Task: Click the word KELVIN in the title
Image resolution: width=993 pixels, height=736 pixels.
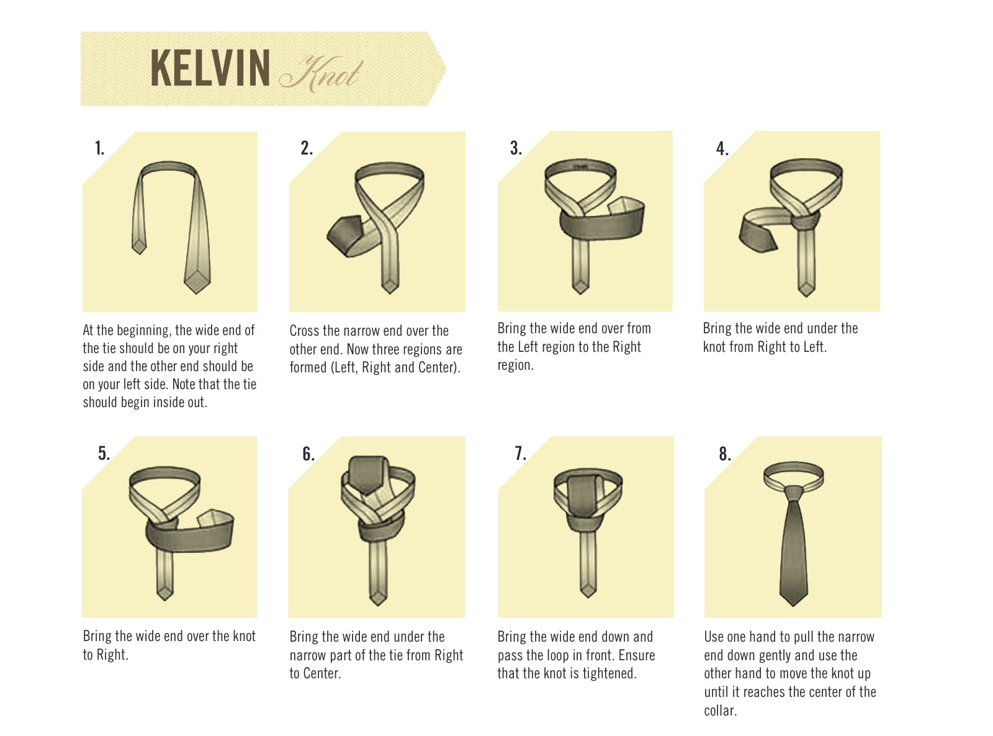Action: point(210,68)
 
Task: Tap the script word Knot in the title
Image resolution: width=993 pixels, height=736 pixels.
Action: point(321,74)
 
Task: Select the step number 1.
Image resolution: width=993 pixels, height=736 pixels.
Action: point(99,148)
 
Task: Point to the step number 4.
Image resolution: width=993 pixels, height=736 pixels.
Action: point(722,149)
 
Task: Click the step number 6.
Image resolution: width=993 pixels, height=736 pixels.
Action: point(308,454)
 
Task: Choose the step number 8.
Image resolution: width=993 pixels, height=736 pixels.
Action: point(725,454)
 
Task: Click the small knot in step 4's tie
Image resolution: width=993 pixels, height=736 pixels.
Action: point(806,220)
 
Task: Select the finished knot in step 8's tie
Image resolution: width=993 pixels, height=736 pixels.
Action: point(793,494)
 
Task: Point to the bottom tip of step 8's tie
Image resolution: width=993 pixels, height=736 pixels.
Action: point(793,606)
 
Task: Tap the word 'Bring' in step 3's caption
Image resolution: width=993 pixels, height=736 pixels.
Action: point(511,329)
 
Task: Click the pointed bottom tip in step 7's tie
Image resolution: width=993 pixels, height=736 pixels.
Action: point(588,597)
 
